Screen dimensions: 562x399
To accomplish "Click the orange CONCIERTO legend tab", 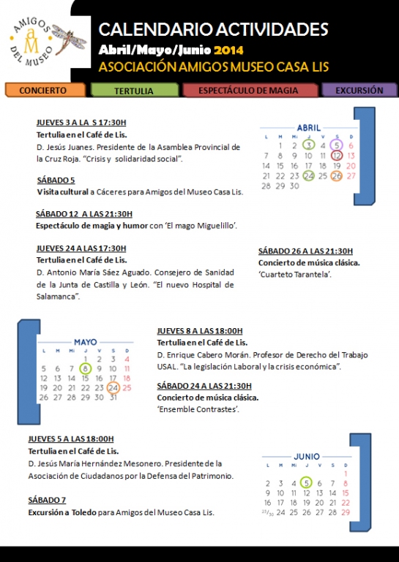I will point(45,91).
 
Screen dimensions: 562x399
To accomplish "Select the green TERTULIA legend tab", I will point(133,91).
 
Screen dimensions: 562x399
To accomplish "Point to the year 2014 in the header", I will point(228,50).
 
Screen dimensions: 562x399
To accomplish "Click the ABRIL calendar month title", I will point(308,128).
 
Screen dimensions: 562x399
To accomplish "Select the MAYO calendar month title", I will point(85,342).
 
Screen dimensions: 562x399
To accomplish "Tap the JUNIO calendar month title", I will point(307,456).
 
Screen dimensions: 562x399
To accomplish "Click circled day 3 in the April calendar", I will point(309,145).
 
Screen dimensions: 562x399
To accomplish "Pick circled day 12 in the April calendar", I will point(337,155).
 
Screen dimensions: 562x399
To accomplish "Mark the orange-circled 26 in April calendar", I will point(337,176).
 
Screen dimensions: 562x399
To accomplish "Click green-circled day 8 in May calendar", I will point(86,368).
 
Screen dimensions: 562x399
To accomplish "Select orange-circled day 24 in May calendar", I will point(113,388).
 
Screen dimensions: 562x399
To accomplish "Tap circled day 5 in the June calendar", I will point(306,482).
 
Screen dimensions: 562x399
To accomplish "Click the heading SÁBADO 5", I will point(56,179).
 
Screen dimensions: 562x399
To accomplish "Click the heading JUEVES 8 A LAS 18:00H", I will point(199,330).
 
